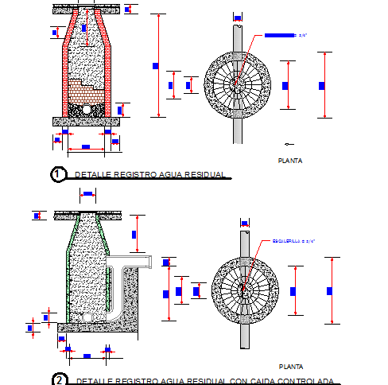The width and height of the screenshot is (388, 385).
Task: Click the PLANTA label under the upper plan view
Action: click(289, 161)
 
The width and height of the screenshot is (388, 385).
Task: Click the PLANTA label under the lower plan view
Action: click(290, 367)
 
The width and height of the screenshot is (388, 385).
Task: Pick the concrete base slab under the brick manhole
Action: click(87, 122)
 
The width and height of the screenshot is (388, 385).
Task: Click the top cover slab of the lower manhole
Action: click(87, 216)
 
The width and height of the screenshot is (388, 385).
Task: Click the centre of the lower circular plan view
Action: click(246, 290)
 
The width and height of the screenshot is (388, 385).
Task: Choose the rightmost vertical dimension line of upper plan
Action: click(326, 85)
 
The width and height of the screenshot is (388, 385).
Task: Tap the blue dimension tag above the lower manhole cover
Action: click(88, 192)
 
